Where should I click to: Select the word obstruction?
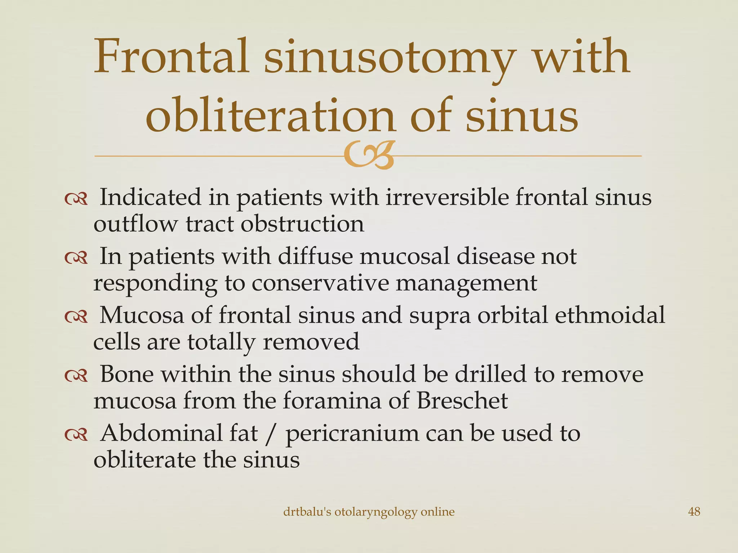[302, 224]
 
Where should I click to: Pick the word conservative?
[320, 283]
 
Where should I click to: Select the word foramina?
[332, 400]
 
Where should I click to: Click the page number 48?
[694, 512]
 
